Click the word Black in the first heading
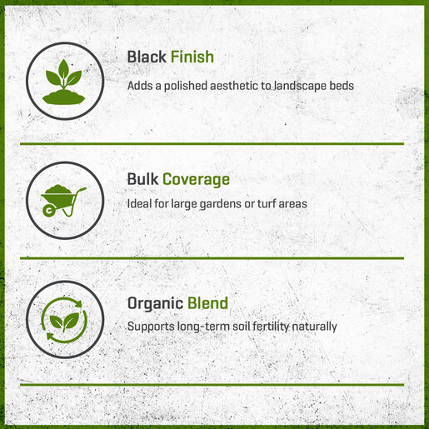click(147, 57)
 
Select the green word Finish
click(192, 57)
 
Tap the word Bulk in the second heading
click(142, 179)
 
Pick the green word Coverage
click(196, 180)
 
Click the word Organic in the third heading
click(155, 303)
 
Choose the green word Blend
click(207, 303)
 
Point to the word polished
click(186, 86)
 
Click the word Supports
click(151, 327)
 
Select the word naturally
click(314, 327)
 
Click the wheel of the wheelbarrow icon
click(49, 211)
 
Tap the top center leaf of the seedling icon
click(64, 69)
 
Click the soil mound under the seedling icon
click(63, 97)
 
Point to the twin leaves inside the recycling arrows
click(64, 321)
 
